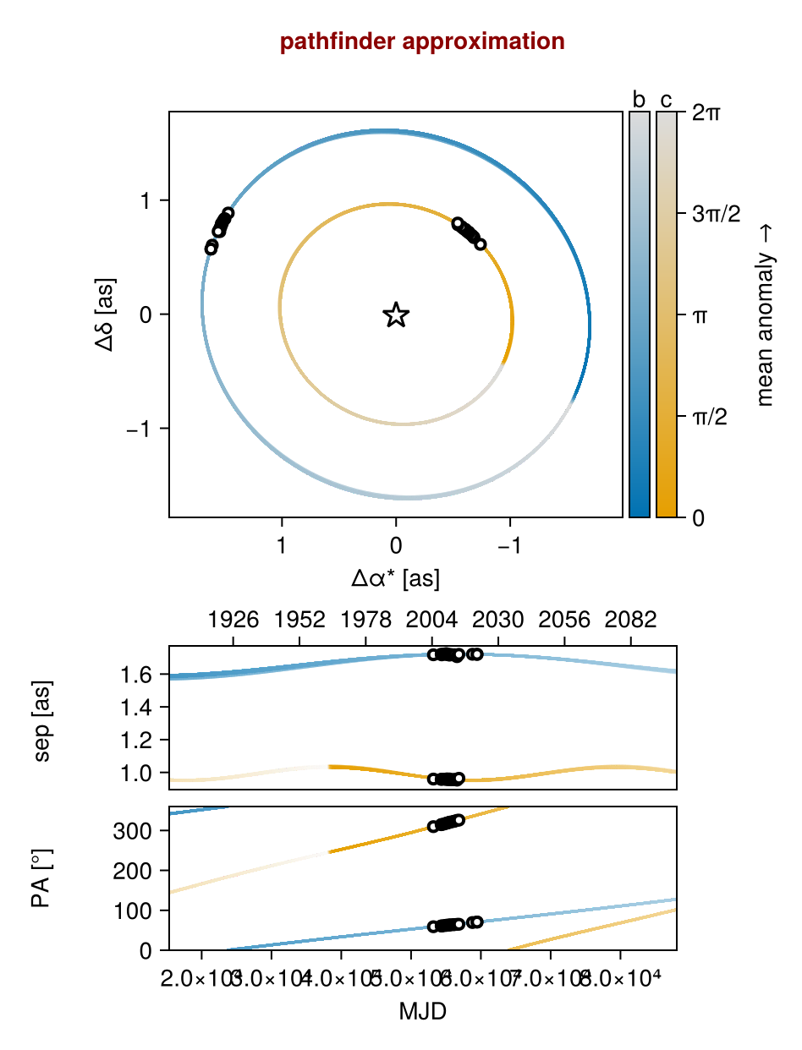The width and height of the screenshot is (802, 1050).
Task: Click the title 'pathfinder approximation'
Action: (x=422, y=41)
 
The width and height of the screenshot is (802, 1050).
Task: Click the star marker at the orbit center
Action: (x=396, y=315)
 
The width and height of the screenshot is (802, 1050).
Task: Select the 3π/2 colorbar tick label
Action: (x=716, y=214)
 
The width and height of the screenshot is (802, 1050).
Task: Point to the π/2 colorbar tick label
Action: (x=711, y=416)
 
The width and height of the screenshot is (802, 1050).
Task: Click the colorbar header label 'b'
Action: (x=640, y=100)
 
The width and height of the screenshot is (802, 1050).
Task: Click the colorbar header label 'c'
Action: (x=667, y=100)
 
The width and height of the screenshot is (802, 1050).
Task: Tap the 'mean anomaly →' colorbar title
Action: (x=766, y=314)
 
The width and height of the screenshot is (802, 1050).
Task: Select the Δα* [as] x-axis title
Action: (x=395, y=578)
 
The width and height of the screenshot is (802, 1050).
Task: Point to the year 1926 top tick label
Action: (x=233, y=621)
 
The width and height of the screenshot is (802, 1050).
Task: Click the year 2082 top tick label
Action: (x=630, y=621)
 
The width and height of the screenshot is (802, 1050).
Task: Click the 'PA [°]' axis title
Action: (x=41, y=878)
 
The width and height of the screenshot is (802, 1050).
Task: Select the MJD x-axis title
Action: (x=422, y=1011)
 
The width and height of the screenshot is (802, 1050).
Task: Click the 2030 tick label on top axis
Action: (x=498, y=621)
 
